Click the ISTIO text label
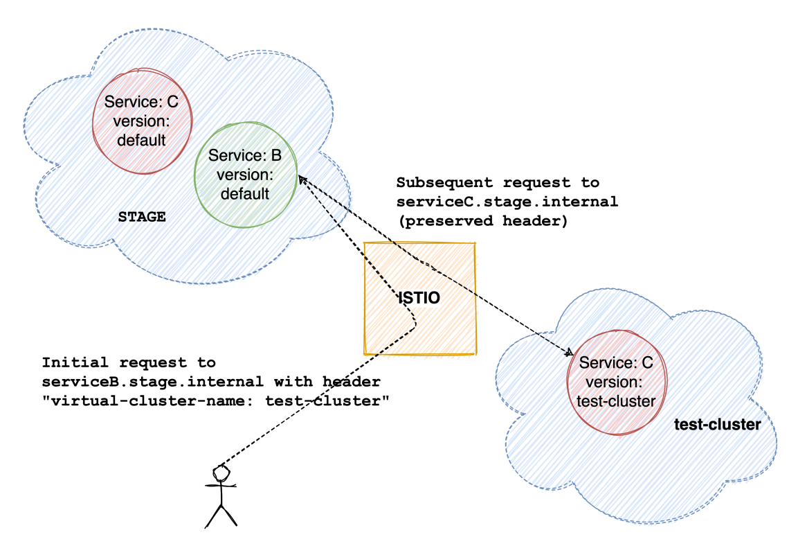coord(419,298)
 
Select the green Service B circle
coord(246,208)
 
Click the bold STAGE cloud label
coord(142,216)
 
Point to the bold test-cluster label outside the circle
coord(718,425)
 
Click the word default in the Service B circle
coord(245,193)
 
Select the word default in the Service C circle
coord(141,141)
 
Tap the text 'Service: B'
coord(245,155)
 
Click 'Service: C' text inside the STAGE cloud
coord(141,102)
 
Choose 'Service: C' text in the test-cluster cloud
coord(616,362)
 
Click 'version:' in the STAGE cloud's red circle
coord(141,121)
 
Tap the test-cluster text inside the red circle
coord(616,401)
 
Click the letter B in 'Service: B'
coord(275,155)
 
